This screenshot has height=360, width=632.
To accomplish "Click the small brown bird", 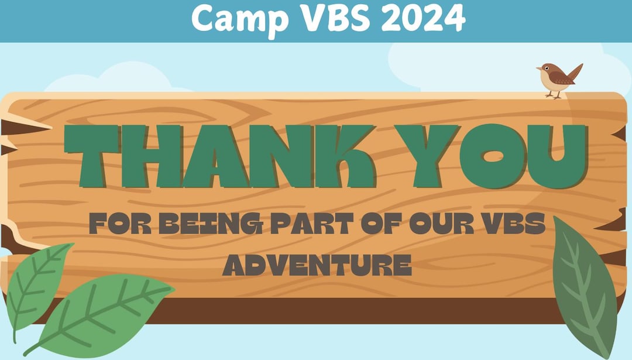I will coord(558,78).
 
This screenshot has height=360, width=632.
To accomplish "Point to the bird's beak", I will coord(538,69).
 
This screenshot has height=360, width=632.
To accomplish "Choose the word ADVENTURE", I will coord(317,265).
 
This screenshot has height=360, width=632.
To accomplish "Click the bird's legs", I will coord(554,94).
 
